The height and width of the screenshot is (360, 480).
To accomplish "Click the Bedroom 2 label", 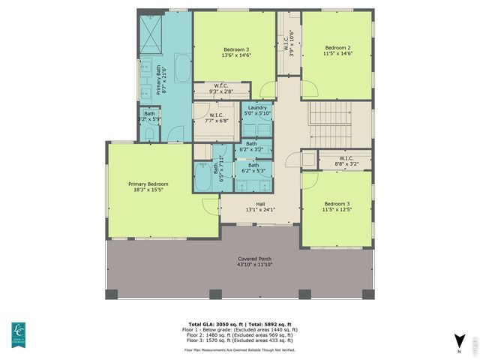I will click(x=337, y=47).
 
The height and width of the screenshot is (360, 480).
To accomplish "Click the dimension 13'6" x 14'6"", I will click(x=235, y=55).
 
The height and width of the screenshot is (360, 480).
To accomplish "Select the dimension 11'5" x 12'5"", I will click(x=337, y=211).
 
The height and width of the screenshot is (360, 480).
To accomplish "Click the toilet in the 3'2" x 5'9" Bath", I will click(x=149, y=134).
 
